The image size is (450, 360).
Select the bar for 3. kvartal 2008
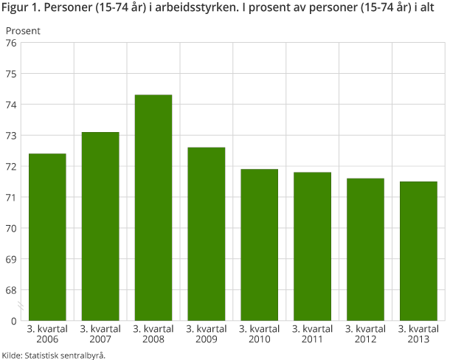[x=153, y=207]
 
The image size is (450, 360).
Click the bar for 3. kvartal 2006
[x=47, y=237]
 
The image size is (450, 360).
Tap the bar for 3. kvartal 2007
[x=100, y=226]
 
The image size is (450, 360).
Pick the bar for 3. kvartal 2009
[x=207, y=234]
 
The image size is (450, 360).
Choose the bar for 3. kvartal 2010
[x=260, y=245]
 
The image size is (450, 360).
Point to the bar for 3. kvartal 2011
[x=313, y=246]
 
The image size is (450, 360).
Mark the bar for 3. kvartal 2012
[x=366, y=249]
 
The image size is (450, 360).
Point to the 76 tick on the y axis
[x=11, y=43]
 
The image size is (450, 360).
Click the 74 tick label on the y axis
[x=11, y=105]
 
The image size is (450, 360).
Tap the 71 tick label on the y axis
[x=11, y=198]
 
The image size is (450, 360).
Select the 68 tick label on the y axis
[x=11, y=290]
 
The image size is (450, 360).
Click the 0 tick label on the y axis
[x=13, y=321]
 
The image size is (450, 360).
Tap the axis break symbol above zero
[x=21, y=305]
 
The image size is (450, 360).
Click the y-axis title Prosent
[x=23, y=31]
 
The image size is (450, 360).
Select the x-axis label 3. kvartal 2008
[x=153, y=333]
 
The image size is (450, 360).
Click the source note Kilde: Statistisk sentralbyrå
[x=54, y=355]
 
